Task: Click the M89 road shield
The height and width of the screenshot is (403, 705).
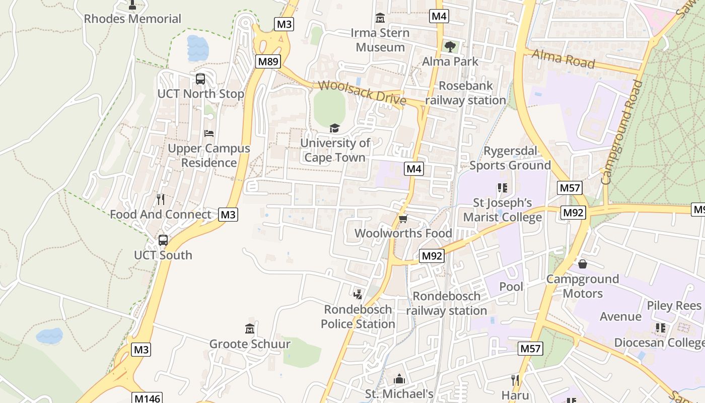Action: (268, 61)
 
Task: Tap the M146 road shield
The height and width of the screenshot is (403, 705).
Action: (148, 398)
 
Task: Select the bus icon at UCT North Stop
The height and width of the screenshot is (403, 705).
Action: (200, 79)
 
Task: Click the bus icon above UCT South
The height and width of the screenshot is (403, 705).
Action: (163, 240)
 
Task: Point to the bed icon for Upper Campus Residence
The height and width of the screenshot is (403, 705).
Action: (209, 133)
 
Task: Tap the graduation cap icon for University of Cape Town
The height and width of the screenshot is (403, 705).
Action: (334, 128)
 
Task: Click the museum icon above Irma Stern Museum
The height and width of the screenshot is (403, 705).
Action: (380, 19)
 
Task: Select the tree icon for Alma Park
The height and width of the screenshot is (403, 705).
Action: (450, 47)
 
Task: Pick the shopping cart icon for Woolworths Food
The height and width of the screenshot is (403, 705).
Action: (403, 219)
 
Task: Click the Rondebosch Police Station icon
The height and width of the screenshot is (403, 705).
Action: (358, 294)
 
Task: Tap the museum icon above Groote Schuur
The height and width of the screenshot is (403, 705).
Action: (250, 329)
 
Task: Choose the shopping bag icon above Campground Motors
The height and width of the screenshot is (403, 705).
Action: (583, 264)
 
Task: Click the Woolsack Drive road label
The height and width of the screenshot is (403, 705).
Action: (362, 93)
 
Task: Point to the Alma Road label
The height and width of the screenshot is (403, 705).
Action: (563, 58)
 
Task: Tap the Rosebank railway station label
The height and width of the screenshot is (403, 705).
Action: (465, 93)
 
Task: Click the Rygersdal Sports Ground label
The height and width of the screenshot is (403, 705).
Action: (510, 158)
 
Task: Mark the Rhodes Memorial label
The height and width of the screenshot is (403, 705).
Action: (132, 19)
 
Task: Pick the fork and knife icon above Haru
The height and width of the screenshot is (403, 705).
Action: (515, 380)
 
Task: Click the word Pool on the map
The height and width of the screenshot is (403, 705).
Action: (511, 287)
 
